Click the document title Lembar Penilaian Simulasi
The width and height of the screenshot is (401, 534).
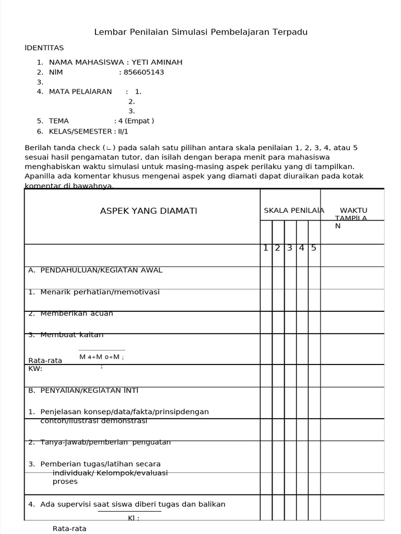coord(200,32)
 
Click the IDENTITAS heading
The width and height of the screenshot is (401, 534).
coord(44,48)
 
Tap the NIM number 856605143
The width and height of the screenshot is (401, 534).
coord(141,72)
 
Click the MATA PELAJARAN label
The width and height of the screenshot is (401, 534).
coord(80,92)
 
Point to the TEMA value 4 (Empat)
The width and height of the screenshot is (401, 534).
coord(137,121)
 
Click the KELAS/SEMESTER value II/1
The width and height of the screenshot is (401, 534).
coord(123,131)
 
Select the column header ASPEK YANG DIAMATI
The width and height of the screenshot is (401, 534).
coord(149,211)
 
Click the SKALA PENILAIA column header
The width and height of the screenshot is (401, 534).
coord(294,210)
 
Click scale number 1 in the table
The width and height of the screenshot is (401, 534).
coord(266,248)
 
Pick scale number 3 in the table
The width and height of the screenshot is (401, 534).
coord(290,248)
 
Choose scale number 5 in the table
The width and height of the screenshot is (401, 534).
coord(314,248)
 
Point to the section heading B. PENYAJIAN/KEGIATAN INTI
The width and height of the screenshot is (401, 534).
coord(84,390)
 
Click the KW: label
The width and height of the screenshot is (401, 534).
coord(35,369)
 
